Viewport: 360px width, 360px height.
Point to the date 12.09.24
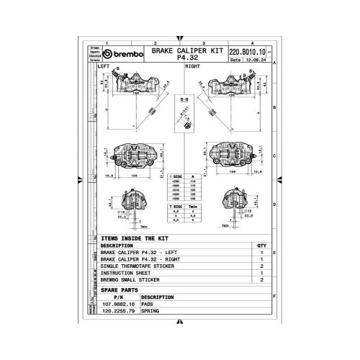point(255,60)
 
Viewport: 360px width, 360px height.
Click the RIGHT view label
point(193,66)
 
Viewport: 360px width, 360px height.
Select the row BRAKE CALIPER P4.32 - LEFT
point(141,253)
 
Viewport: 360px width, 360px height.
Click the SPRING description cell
point(151,312)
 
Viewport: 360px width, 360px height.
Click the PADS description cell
point(149,305)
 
